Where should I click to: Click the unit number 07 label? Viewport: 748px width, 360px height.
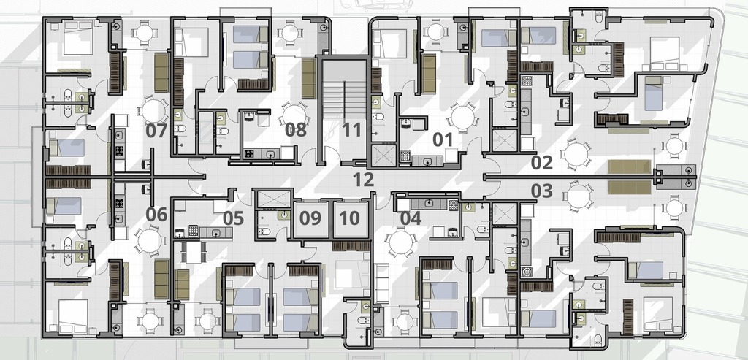point(156,130)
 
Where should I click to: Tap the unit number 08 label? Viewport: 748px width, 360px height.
point(296,130)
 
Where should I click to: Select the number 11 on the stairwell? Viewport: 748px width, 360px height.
point(351,130)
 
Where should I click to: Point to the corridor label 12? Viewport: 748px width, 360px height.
point(364,180)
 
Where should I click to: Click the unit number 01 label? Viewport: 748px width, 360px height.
point(443,139)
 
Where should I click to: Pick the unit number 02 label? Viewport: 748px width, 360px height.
point(542,163)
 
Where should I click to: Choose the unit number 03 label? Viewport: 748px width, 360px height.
point(542,191)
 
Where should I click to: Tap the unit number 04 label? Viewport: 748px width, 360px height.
point(411,218)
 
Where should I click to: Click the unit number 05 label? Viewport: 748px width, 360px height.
point(233,218)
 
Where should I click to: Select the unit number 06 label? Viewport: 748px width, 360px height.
point(156,215)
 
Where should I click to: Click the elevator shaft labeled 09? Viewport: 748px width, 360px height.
point(310,219)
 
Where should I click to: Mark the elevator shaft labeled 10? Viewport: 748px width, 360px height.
point(350,219)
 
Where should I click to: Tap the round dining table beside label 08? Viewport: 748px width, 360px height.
point(294,114)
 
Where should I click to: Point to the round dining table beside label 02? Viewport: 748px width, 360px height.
point(576,154)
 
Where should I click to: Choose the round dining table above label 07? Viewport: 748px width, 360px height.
point(153,110)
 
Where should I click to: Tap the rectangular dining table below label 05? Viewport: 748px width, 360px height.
point(193,252)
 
